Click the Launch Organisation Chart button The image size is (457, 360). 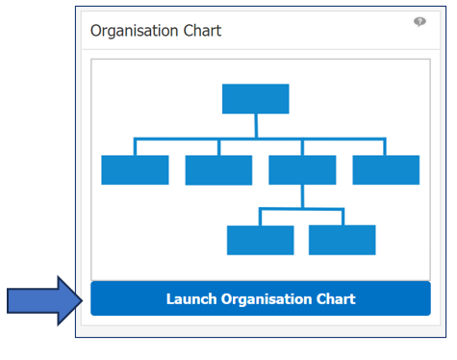(260, 299)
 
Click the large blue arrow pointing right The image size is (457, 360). (44, 301)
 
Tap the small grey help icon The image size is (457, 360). (419, 22)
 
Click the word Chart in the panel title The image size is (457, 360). (203, 31)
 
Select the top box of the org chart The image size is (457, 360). (255, 99)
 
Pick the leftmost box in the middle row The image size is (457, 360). (135, 170)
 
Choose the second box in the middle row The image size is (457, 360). (218, 170)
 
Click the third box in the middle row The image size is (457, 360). (302, 170)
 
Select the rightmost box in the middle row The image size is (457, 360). (386, 170)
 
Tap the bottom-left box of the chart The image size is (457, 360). (260, 240)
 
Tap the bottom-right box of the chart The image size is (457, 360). (342, 240)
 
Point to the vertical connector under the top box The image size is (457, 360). (255, 126)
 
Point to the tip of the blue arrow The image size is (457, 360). (83, 301)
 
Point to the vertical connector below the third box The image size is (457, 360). (302, 195)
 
